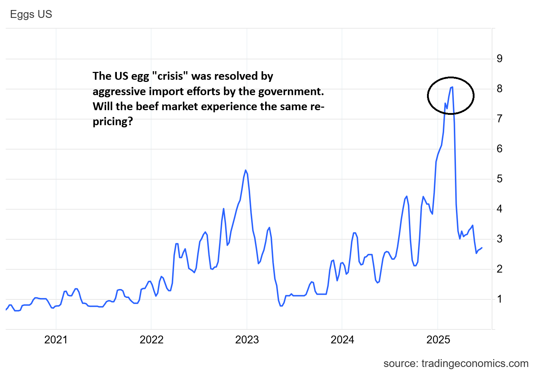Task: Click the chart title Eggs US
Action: [x=31, y=14]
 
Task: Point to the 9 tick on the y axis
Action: [x=500, y=59]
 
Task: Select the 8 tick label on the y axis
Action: [x=500, y=89]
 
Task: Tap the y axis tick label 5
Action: [x=500, y=179]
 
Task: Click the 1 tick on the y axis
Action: [x=500, y=299]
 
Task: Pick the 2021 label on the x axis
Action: [x=56, y=340]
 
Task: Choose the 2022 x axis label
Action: [x=152, y=340]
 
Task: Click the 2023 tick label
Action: [x=247, y=340]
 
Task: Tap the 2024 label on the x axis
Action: [x=342, y=340]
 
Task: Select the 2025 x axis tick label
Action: [x=438, y=340]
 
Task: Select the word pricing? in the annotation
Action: [x=113, y=122]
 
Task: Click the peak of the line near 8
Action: [x=452, y=87]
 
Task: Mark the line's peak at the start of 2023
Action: [x=245, y=170]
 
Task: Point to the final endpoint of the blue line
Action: [x=482, y=248]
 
